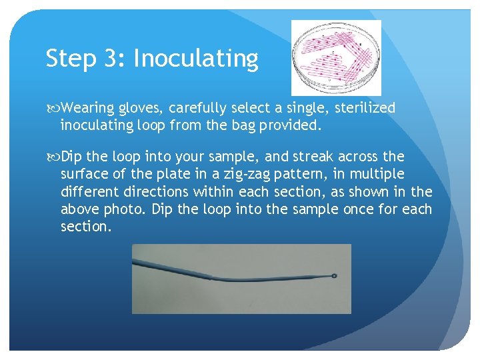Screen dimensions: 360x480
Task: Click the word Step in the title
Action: tap(69, 59)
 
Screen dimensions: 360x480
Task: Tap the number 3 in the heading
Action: tap(111, 59)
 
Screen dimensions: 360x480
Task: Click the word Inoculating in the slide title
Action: tap(195, 59)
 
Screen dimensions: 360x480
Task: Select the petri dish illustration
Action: tap(336, 57)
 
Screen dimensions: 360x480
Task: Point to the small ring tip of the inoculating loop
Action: tap(333, 275)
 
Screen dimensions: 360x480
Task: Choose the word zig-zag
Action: tap(247, 175)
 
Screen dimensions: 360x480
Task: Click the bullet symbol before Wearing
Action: tap(52, 108)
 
